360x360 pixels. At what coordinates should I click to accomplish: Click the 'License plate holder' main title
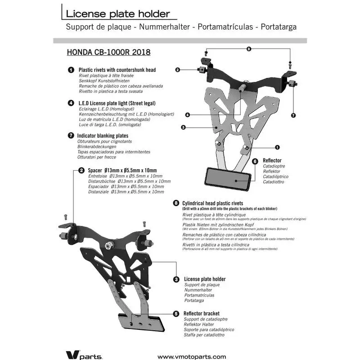(118, 13)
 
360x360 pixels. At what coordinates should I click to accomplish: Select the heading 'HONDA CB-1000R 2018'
(108, 52)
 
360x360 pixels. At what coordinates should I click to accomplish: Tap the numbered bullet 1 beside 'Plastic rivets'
(71, 70)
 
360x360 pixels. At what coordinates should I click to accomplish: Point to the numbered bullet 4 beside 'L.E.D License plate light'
(71, 103)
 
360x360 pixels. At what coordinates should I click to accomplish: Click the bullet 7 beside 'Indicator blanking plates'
(71, 135)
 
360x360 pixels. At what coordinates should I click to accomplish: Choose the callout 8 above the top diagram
(248, 49)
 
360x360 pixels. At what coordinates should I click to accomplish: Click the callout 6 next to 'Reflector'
(255, 161)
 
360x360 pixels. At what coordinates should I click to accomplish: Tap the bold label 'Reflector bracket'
(202, 313)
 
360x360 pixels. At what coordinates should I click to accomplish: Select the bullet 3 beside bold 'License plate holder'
(176, 279)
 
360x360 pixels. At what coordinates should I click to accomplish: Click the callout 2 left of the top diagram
(178, 70)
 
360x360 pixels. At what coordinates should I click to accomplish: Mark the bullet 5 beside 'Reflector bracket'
(176, 313)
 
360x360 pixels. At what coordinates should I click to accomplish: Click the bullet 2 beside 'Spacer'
(81, 171)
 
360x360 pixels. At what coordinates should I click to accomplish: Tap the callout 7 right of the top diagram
(293, 115)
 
